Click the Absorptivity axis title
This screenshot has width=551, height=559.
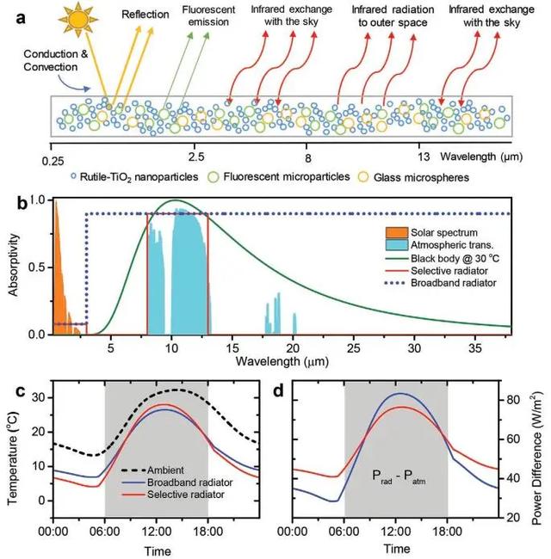pos(12,268)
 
